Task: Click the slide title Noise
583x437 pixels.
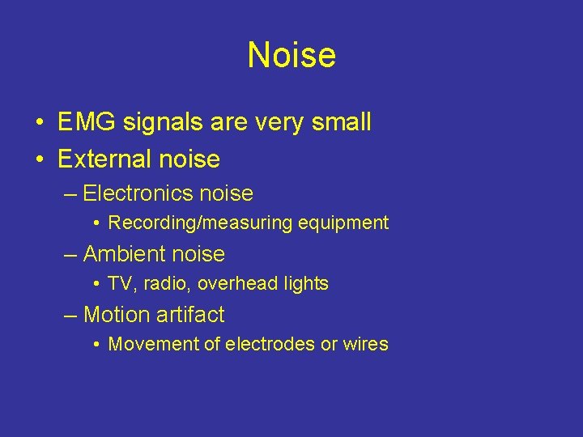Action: (291, 55)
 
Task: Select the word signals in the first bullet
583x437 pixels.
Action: (153, 123)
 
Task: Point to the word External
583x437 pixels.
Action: (103, 159)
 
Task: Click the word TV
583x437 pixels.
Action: (120, 284)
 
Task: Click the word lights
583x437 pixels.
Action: (304, 284)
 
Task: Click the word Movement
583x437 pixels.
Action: (151, 345)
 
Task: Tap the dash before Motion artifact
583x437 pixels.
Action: (70, 315)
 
